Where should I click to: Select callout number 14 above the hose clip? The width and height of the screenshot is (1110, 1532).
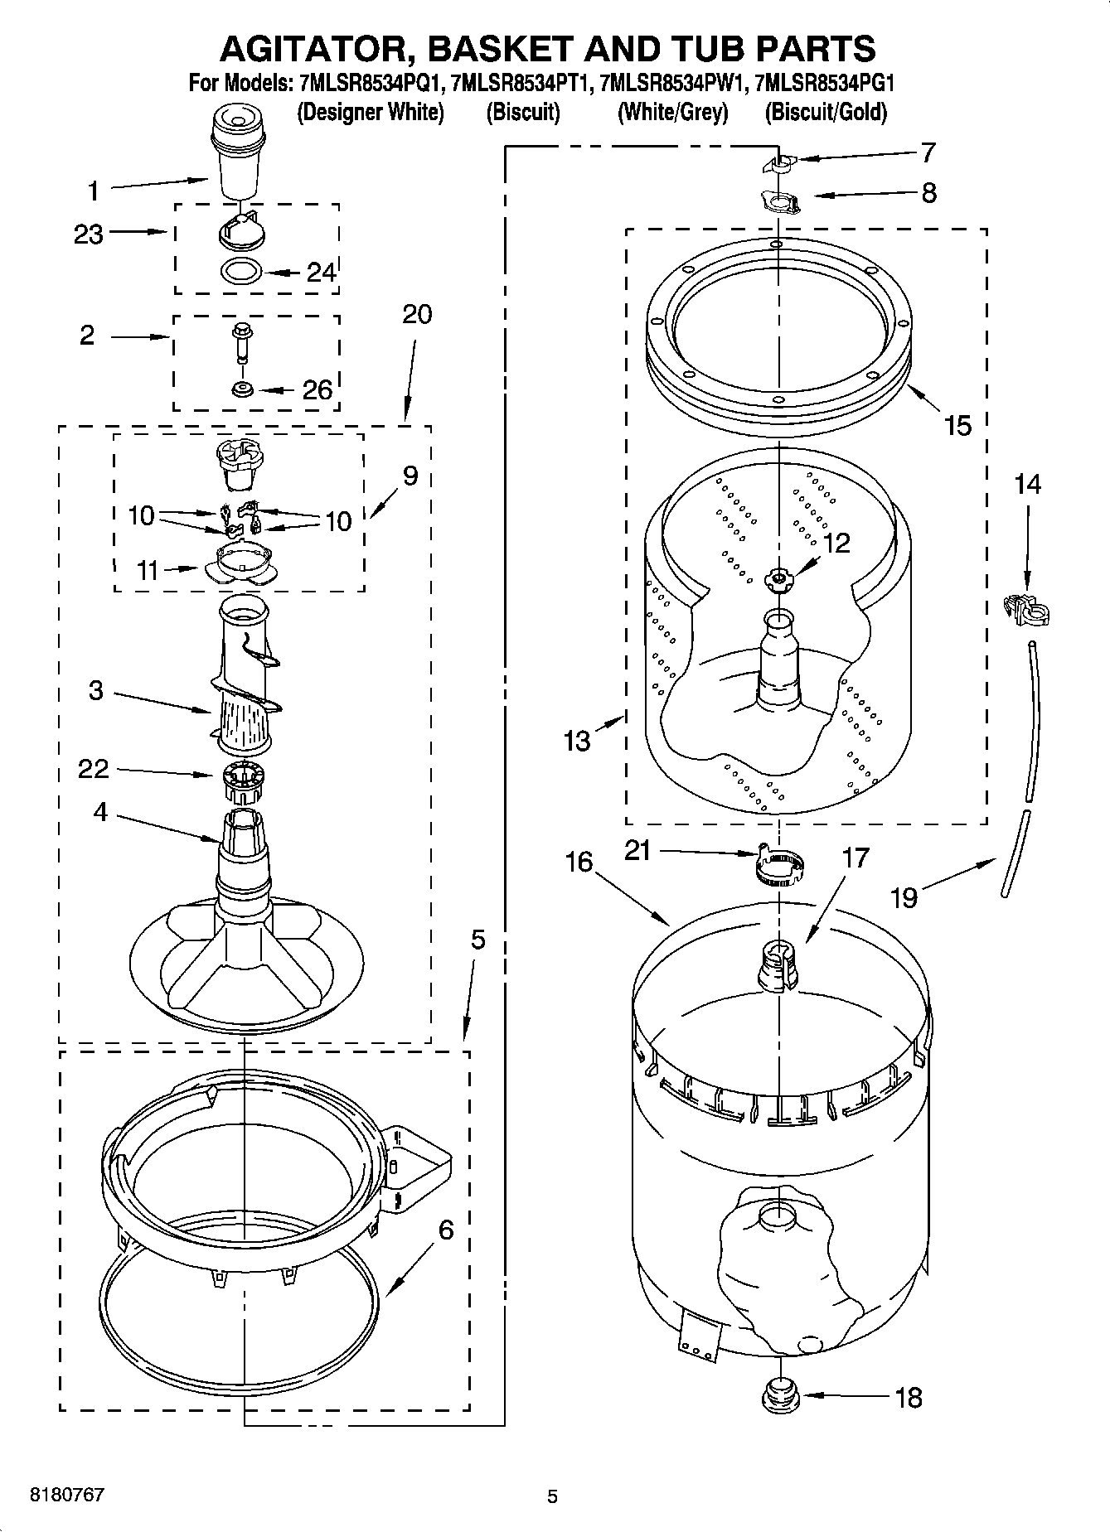(x=1026, y=484)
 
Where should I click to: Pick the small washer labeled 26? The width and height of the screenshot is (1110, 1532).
(x=243, y=389)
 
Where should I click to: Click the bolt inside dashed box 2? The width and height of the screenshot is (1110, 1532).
(x=240, y=341)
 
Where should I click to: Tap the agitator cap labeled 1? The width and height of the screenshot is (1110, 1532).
(x=239, y=153)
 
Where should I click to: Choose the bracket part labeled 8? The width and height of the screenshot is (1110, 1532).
(x=780, y=201)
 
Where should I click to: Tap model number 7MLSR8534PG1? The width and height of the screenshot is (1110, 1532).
(x=826, y=83)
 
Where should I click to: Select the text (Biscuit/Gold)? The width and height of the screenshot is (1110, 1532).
(x=826, y=112)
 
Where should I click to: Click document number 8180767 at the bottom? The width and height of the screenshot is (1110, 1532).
(x=66, y=1496)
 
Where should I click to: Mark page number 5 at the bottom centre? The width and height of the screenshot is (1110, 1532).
(x=553, y=1496)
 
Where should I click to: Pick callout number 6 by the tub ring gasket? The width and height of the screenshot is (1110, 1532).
(x=445, y=1230)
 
